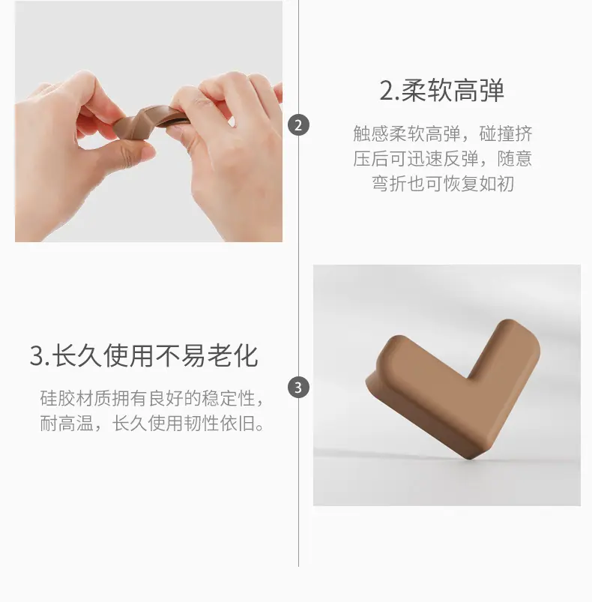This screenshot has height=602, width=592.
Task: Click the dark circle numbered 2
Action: [298, 125]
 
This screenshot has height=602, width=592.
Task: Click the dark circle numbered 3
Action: [298, 388]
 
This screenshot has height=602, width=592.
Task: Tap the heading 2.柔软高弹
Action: [441, 91]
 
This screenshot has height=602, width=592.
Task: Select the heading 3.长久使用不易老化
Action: [144, 356]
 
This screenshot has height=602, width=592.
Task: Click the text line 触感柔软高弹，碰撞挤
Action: [442, 133]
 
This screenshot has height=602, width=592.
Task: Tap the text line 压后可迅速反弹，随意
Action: [442, 159]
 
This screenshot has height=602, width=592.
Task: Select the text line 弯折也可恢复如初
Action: [442, 184]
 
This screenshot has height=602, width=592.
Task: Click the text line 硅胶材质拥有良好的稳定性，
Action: [152, 399]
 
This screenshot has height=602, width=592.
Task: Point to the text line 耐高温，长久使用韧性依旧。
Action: [152, 424]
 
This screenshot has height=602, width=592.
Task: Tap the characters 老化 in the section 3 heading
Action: [232, 356]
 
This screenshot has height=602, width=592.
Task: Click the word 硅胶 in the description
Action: [58, 399]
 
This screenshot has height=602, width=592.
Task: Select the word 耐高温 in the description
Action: [67, 424]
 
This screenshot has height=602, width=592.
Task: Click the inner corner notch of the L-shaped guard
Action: [468, 379]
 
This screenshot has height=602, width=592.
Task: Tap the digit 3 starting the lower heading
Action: [37, 357]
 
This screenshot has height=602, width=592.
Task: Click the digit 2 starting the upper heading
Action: [387, 91]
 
